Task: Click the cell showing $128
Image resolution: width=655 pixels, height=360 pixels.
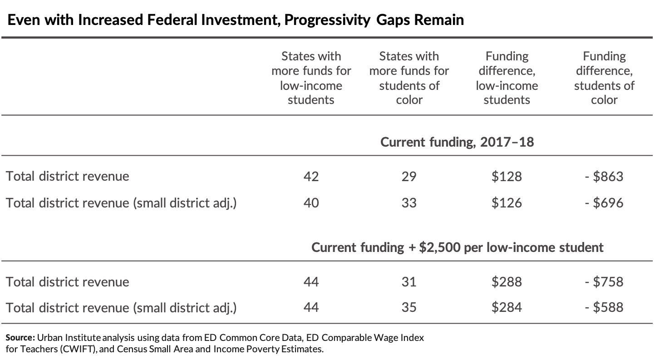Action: [x=507, y=177]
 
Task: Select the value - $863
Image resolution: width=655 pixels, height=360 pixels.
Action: [x=604, y=177]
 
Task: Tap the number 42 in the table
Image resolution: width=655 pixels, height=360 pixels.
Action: [x=311, y=177]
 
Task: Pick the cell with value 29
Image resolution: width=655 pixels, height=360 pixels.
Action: [x=409, y=177]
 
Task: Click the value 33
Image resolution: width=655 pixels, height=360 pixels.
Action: [x=409, y=203]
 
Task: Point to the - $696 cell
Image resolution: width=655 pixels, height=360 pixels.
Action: [x=604, y=203]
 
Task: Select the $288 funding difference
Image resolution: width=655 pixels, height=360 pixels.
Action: [x=507, y=282]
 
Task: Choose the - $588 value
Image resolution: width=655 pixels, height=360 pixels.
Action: [x=604, y=308]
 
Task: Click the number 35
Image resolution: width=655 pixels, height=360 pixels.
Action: [x=409, y=308]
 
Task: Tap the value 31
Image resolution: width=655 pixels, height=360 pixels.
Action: [x=409, y=282]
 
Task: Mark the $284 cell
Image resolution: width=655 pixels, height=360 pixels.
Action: [x=507, y=308]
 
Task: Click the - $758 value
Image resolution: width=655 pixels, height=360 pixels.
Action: [x=604, y=282]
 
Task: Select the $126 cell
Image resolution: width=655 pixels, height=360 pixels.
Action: [x=507, y=203]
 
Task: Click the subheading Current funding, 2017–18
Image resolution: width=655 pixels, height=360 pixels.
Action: [x=457, y=142]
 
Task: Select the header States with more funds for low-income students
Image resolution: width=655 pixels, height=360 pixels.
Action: [x=311, y=78]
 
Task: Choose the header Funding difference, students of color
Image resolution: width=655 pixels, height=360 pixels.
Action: [x=604, y=78]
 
